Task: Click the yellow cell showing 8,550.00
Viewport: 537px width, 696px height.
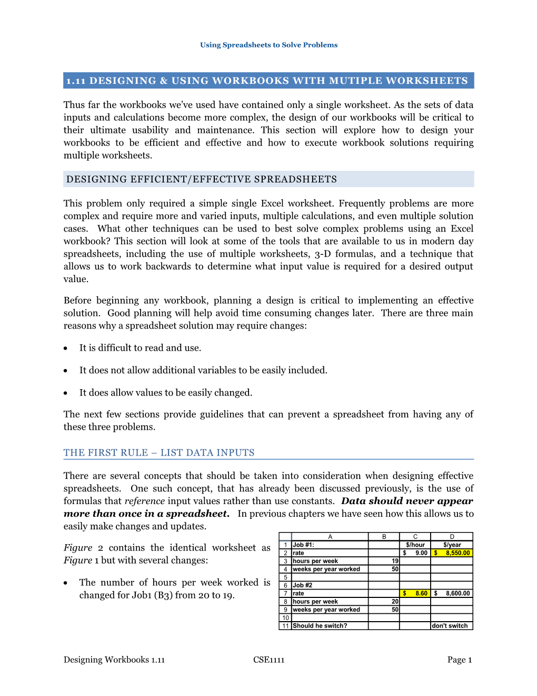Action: (x=452, y=553)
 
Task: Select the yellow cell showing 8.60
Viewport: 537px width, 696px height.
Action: (x=415, y=593)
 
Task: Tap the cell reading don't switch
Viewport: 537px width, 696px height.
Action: (x=452, y=626)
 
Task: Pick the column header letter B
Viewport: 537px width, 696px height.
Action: (x=384, y=537)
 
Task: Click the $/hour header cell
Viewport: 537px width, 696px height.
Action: (x=415, y=545)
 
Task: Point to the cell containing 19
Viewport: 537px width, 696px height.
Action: (x=384, y=561)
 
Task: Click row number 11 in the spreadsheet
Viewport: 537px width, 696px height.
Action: (x=285, y=626)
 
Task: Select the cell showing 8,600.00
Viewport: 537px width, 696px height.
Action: (x=452, y=593)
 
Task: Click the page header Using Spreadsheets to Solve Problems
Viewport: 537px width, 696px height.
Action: (x=268, y=45)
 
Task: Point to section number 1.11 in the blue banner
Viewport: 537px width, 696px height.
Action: (x=76, y=81)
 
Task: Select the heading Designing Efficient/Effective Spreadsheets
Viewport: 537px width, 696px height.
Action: (x=202, y=179)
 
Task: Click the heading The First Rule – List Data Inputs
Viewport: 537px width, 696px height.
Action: (x=159, y=452)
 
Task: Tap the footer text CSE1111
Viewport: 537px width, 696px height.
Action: (x=268, y=660)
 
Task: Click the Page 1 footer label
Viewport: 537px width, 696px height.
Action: (x=459, y=660)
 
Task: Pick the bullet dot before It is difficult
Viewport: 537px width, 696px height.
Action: (x=66, y=349)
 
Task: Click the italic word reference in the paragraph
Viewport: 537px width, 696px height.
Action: (x=145, y=501)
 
